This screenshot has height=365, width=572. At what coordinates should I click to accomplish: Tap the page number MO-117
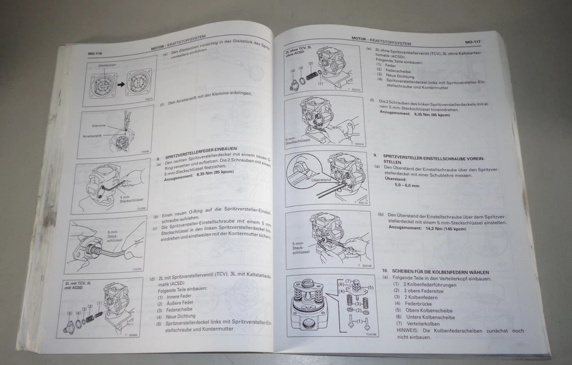(x=474, y=42)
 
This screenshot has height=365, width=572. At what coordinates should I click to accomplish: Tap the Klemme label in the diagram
(x=99, y=126)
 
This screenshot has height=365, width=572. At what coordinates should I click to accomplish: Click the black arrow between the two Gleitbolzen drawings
(x=122, y=84)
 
